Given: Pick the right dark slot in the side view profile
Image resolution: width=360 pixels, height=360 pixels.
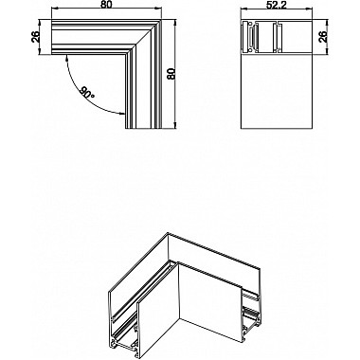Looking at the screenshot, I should [280, 38].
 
